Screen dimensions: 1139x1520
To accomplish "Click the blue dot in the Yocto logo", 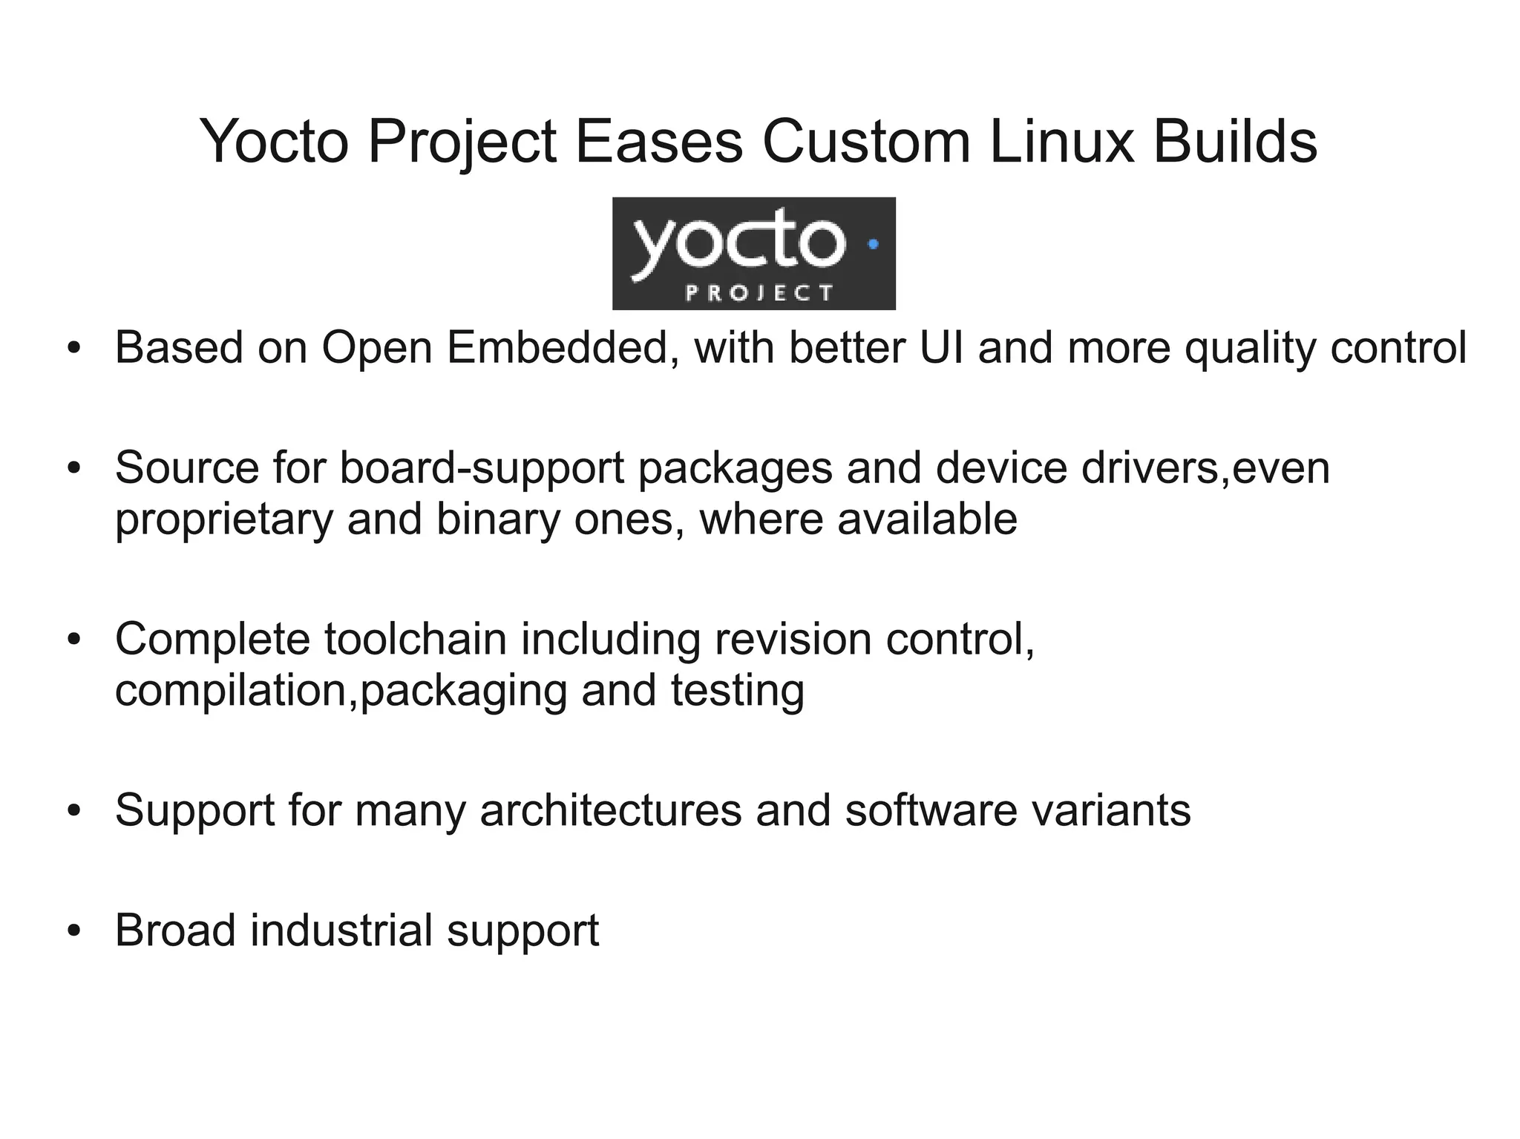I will pyautogui.click(x=873, y=243).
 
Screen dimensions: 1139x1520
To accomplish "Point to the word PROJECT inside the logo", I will pyautogui.click(x=759, y=293).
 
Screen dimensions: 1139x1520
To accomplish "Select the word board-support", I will pyautogui.click(x=482, y=469).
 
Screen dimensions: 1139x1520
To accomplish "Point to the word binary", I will pyautogui.click(x=497, y=519).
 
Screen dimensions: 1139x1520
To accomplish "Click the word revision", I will pyautogui.click(x=793, y=639).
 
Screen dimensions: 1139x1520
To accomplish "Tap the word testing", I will pyautogui.click(x=738, y=692).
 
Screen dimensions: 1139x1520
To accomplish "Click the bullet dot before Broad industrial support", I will pyautogui.click(x=73, y=930).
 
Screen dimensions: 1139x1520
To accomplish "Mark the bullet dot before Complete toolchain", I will pyautogui.click(x=73, y=640).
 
